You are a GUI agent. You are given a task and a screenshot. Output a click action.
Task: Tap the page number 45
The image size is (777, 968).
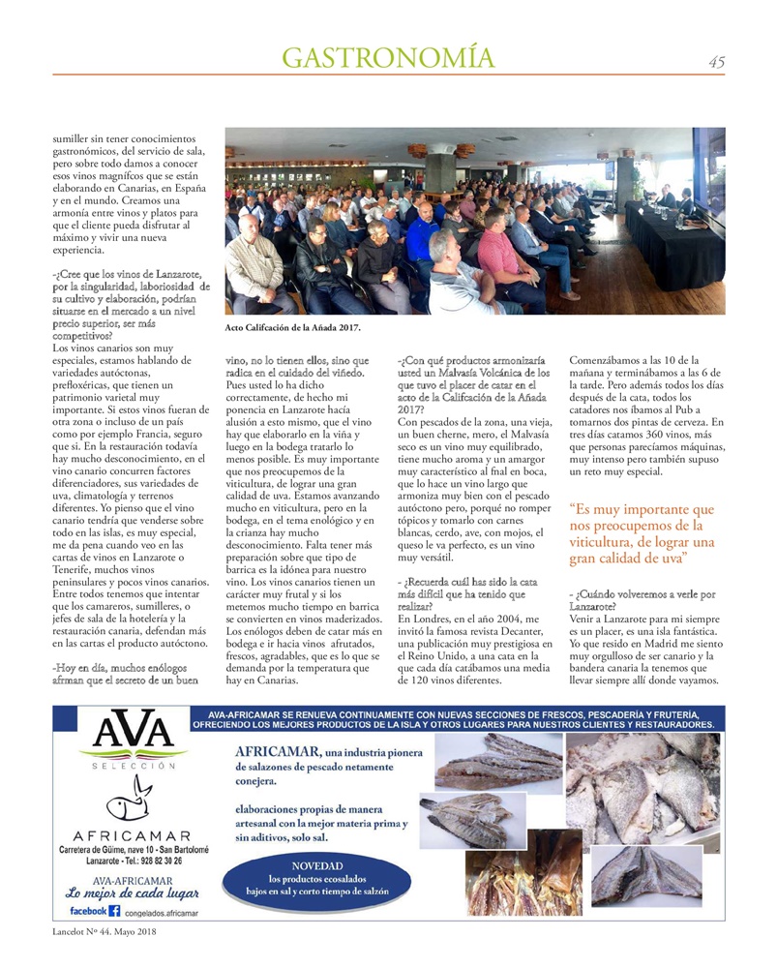[716, 62]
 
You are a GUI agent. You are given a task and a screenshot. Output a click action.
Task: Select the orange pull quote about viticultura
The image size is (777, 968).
[643, 533]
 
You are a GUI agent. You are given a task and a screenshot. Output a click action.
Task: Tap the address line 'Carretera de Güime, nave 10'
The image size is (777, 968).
[134, 849]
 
